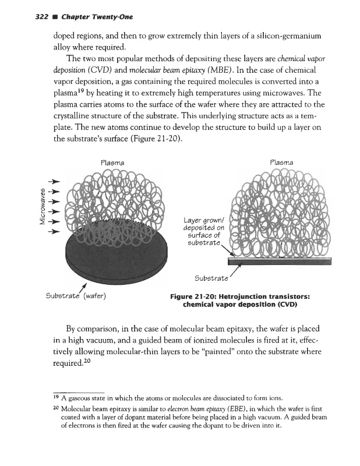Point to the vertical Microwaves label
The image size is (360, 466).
[41, 201]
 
